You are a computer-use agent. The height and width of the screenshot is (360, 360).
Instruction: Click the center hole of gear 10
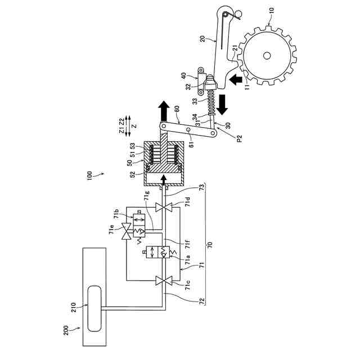coord(267,56)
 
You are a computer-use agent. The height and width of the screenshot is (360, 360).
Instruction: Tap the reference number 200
coord(66,330)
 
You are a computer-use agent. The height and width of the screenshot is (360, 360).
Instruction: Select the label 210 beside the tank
coord(73,307)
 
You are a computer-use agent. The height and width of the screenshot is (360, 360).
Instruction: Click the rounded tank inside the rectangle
coord(94,308)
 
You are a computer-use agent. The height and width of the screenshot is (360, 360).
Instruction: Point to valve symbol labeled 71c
coord(164,281)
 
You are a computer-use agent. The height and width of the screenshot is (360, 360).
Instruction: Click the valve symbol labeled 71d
coord(164,208)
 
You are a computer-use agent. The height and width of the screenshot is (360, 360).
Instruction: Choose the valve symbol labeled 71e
coord(126,231)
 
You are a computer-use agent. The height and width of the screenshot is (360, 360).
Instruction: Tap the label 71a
coord(187,259)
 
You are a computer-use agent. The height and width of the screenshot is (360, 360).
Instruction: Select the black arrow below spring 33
coord(222,105)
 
